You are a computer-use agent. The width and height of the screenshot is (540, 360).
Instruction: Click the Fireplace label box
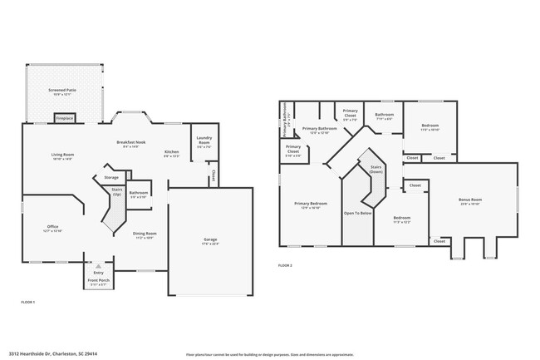click(65, 119)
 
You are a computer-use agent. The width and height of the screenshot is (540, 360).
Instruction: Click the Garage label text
click(210, 240)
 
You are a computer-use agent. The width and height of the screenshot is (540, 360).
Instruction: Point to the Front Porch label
click(98, 281)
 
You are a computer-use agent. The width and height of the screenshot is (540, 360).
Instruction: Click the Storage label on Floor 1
click(111, 177)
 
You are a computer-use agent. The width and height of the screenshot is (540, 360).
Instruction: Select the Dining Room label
click(145, 234)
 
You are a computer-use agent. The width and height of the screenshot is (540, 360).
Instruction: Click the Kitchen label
click(171, 152)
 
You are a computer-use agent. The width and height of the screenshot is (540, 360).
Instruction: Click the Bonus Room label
click(469, 200)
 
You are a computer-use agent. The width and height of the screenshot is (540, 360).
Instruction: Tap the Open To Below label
click(357, 213)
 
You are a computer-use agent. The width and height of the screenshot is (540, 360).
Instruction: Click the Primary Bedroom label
click(312, 204)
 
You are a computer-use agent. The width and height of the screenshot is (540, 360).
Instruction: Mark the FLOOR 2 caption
click(285, 265)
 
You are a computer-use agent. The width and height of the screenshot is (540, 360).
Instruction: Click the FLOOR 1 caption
click(27, 301)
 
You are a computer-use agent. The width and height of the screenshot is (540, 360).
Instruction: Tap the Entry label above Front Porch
click(98, 272)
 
